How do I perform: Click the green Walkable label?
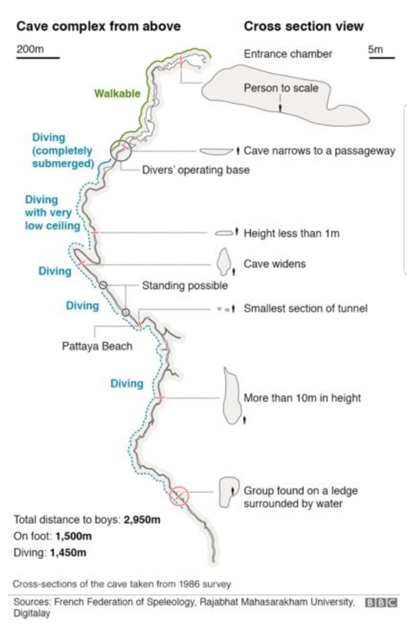[117, 93]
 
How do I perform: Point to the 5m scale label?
[375, 50]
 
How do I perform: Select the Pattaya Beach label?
[97, 346]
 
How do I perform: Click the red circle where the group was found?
[179, 496]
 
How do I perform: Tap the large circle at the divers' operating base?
[121, 150]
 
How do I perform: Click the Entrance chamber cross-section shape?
[283, 96]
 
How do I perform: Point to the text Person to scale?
[281, 88]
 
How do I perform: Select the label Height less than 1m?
[291, 233]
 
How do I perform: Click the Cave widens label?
[275, 264]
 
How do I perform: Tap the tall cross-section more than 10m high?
[231, 396]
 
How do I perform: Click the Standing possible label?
[185, 286]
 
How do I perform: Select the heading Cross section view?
[303, 26]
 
